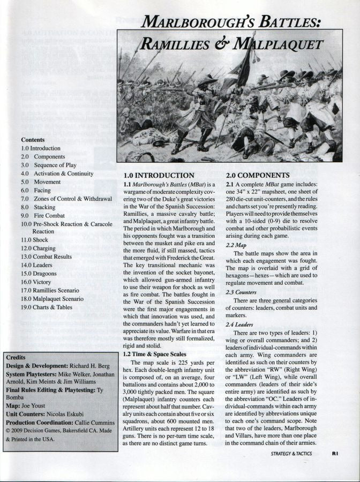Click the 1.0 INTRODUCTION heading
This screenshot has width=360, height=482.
click(159, 175)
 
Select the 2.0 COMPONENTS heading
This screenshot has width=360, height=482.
click(258, 175)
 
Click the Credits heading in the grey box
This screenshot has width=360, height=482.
click(17, 357)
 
